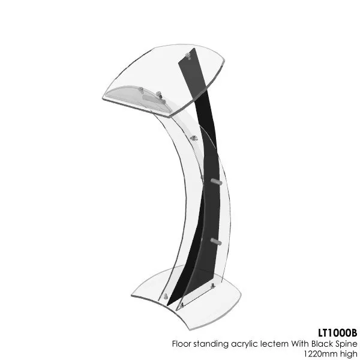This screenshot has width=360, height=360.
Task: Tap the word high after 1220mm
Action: pyautogui.click(x=349, y=353)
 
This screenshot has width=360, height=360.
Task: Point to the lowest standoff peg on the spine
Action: pyautogui.click(x=216, y=241)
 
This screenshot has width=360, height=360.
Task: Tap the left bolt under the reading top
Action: pyautogui.click(x=142, y=90)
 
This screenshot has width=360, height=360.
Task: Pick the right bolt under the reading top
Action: pyautogui.click(x=160, y=94)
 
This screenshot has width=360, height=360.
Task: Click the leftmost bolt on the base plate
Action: pyautogui.click(x=165, y=296)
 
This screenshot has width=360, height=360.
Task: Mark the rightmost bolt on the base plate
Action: pyautogui.click(x=212, y=287)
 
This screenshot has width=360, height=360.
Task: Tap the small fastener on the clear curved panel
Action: pyautogui.click(x=194, y=137)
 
